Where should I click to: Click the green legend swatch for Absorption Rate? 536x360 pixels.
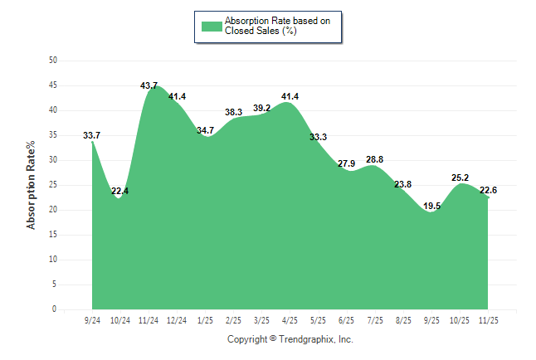pos(212,26)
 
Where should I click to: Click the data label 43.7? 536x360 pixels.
pos(149,85)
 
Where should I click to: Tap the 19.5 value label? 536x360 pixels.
pos(431,206)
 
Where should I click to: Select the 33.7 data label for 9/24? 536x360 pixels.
pos(92,135)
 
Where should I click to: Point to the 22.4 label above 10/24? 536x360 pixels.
pos(120,192)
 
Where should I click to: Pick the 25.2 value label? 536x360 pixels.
pos(460,178)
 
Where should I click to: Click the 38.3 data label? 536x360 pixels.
pos(234,112)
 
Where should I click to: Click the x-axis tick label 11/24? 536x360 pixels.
pos(149,319)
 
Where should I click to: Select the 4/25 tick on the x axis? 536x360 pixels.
pos(290,319)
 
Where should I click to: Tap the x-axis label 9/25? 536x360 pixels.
pos(431,319)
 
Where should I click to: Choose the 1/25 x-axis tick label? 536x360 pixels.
pos(205,319)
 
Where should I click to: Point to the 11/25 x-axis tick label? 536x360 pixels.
pos(488,319)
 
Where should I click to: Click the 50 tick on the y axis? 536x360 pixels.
pos(53,61)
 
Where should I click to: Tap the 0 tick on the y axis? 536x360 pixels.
pos(55,309)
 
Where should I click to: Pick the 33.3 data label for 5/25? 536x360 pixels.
pos(319,137)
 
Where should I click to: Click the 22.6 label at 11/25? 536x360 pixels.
pos(488,190)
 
